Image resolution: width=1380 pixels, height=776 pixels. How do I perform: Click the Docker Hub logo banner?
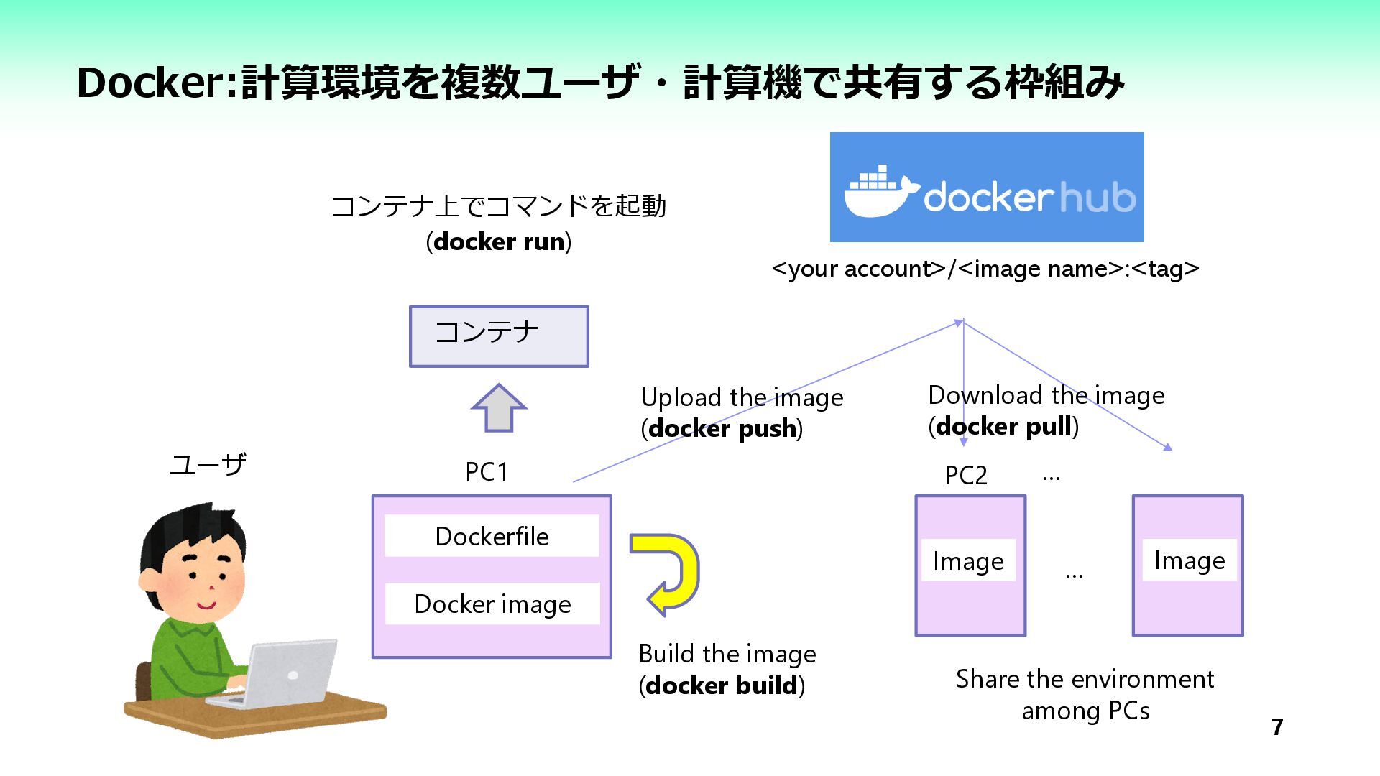tap(986, 187)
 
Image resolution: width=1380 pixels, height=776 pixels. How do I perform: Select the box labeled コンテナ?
tap(499, 336)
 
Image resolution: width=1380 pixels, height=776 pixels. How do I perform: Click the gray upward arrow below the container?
tap(499, 407)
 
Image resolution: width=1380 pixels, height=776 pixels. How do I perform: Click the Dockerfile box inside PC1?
tap(492, 536)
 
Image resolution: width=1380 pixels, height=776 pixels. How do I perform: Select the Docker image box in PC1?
tap(492, 604)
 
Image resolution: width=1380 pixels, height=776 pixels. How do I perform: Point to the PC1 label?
tap(487, 472)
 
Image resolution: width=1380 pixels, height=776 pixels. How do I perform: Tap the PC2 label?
tap(965, 475)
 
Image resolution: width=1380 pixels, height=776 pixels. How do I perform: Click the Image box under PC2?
tap(968, 560)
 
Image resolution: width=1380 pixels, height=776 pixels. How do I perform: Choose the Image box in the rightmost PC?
tap(1189, 560)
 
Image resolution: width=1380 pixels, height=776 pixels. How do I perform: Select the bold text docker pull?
tap(1003, 426)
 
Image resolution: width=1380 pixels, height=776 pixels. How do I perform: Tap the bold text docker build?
tap(722, 685)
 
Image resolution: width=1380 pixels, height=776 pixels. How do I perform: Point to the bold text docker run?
tap(499, 241)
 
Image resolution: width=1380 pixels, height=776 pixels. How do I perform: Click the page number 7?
tap(1277, 727)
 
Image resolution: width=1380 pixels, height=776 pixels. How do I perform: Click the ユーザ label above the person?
tap(208, 465)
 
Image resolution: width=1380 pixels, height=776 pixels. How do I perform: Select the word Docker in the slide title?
tap(152, 83)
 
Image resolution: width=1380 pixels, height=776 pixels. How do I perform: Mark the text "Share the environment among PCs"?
tap(1085, 695)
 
